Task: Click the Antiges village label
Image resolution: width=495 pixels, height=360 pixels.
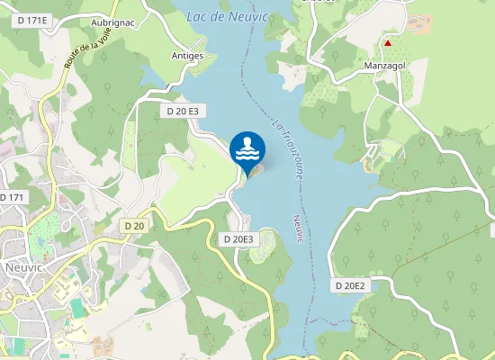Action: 187,56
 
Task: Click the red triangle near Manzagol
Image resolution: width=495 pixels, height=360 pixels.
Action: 388,42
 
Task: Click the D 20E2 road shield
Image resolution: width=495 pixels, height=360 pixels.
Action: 350,285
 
